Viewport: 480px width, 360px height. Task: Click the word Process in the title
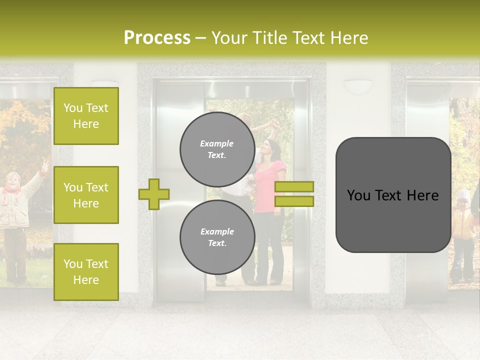[157, 38]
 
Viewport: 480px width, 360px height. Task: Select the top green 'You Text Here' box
[86, 116]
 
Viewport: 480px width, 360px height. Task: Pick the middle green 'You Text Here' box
[86, 195]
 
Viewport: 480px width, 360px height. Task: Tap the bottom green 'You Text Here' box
[86, 271]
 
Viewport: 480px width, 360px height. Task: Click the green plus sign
[154, 194]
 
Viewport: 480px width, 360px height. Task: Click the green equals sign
[294, 194]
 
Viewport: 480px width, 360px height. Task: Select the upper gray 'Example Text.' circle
[217, 149]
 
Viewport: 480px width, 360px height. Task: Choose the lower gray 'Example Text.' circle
[217, 237]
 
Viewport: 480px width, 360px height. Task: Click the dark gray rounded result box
[393, 195]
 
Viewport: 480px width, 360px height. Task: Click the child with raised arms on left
[15, 210]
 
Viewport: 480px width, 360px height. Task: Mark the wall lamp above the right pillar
[358, 86]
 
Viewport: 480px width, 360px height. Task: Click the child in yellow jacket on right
[464, 230]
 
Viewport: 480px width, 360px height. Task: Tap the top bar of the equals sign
[294, 186]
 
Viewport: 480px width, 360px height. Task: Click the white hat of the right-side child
[464, 193]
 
